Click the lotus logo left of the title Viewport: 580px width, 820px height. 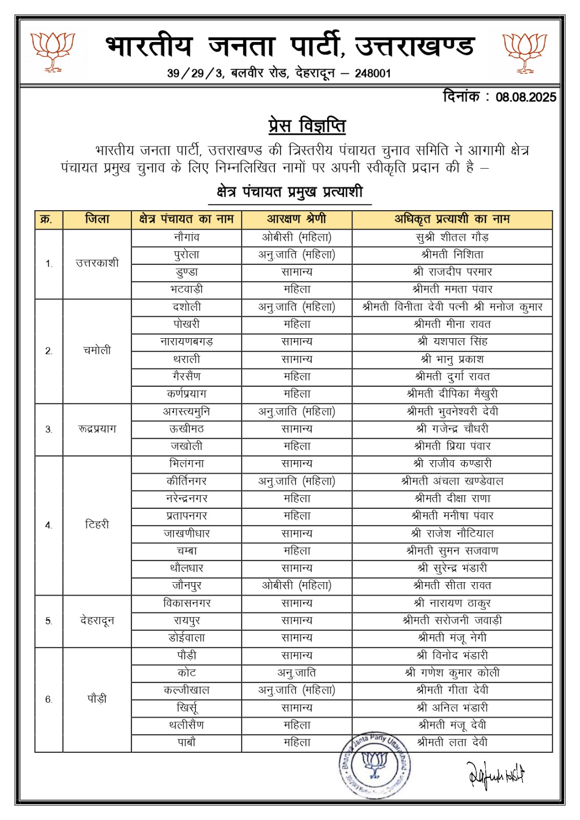[53, 51]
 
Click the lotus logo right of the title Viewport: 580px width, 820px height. [525, 51]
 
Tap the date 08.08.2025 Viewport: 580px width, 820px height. [526, 97]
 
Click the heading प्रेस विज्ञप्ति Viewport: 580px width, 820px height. [307, 126]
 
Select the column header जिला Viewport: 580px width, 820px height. [97, 219]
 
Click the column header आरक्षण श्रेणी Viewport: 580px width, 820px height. [296, 219]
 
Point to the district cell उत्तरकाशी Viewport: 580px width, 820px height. [97, 263]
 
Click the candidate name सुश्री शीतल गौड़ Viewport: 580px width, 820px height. [452, 237]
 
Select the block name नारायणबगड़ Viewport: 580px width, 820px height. [186, 342]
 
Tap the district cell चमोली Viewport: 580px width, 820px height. [97, 351]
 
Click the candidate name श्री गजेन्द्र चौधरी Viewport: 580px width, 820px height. [452, 429]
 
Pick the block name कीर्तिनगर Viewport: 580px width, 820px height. [186, 481]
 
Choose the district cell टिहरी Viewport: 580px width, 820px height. [97, 525]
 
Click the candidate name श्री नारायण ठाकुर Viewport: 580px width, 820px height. [452, 603]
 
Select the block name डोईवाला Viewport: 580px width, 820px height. [186, 638]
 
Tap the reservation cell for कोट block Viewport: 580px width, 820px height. [296, 673]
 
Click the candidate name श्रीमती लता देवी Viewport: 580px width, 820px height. [452, 743]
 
